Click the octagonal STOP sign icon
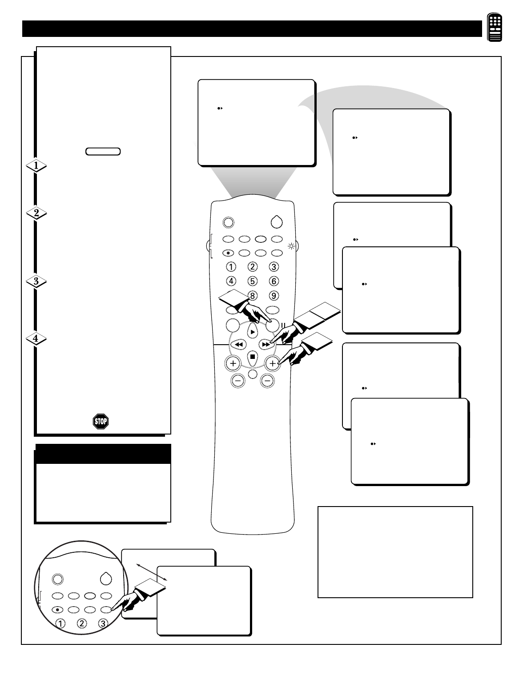(x=101, y=421)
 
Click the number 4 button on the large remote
(x=231, y=281)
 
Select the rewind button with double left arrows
(x=239, y=344)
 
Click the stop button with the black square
(x=252, y=356)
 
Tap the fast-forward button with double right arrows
(x=265, y=344)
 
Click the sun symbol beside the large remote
(x=291, y=246)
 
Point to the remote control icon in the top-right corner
(x=495, y=28)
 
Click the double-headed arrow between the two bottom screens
(x=152, y=572)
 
